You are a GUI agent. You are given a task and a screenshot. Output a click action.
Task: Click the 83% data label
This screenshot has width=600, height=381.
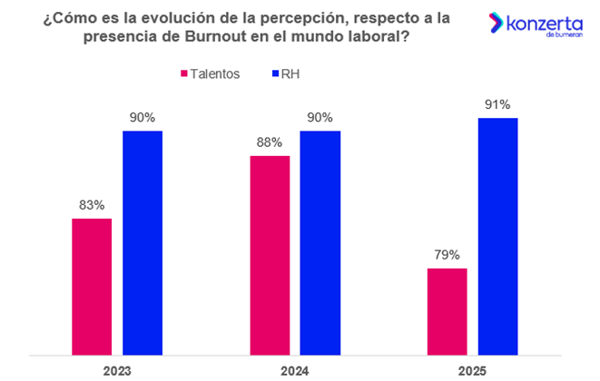point(92,205)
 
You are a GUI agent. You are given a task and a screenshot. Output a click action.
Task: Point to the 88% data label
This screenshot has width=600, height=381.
point(270,142)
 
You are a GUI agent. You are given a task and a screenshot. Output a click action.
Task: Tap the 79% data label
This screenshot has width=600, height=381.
point(447,255)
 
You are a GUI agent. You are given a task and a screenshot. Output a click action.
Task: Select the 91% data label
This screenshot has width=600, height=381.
point(497,104)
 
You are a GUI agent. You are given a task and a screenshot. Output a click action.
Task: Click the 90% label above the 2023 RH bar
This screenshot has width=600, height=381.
point(143,117)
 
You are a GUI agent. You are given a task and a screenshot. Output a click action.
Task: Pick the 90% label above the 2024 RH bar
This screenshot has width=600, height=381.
point(320,117)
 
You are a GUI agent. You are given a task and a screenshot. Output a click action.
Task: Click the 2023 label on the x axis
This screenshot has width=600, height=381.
point(117,370)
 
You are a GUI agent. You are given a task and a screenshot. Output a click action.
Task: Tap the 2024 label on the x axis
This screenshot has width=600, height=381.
point(294,370)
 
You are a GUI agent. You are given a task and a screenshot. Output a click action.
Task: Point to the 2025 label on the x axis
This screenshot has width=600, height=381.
point(472,370)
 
